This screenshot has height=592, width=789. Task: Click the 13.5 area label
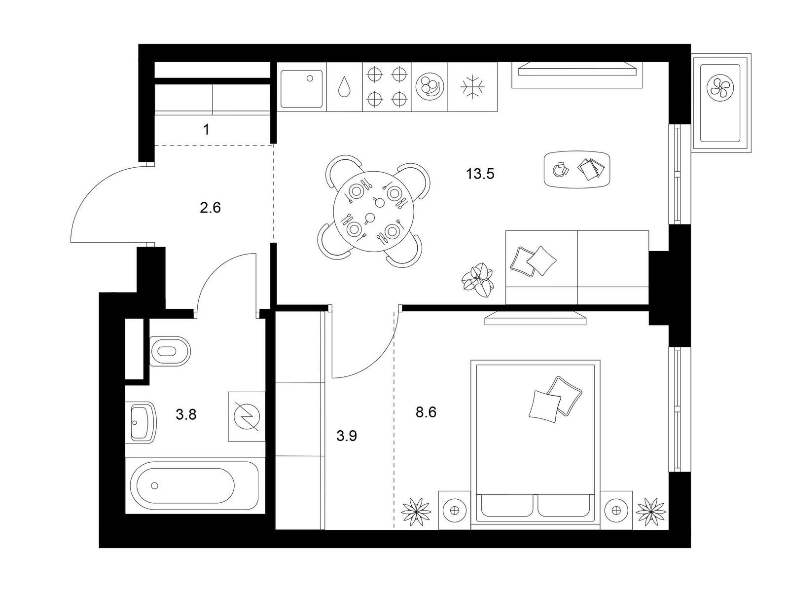point(480,174)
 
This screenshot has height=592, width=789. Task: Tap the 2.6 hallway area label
point(210,208)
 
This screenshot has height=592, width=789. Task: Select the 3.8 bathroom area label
point(186,415)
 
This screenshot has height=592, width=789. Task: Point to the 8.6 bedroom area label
point(426,412)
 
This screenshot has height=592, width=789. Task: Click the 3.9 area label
point(347,437)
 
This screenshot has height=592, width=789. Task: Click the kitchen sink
point(301,89)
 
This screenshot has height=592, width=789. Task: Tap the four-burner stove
point(387,87)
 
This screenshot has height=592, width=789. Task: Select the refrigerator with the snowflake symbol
point(472,87)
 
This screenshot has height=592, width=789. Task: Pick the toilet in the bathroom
point(170,351)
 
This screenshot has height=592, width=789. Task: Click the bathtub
point(194,485)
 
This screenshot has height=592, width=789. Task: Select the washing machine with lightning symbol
point(247,416)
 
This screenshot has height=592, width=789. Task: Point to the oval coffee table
point(577,169)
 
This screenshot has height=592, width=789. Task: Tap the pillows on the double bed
point(555,399)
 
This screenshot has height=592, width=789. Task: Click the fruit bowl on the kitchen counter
point(430,87)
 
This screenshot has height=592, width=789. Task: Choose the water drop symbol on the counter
point(344,87)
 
